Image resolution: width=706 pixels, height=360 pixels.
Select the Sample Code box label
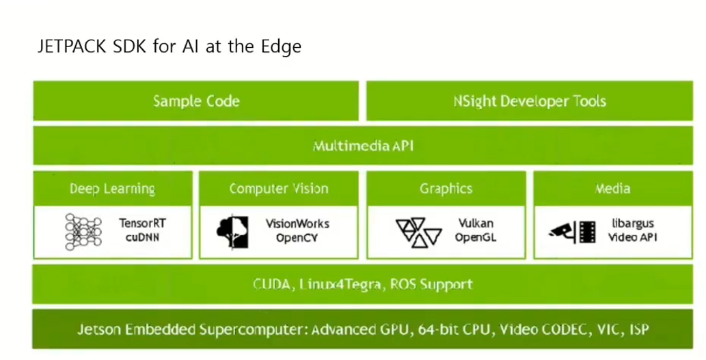tap(196, 101)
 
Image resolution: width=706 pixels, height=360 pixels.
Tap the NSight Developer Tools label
tap(529, 101)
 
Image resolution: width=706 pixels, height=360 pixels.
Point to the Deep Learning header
tap(112, 189)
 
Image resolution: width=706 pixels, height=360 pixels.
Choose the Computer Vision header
tap(278, 189)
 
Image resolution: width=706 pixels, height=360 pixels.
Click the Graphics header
tap(446, 189)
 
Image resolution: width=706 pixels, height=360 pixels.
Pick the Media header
tap(612, 189)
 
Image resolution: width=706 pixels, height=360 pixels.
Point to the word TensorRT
tap(143, 223)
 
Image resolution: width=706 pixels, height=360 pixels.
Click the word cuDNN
tap(142, 237)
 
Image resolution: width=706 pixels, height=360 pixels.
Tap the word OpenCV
tap(297, 238)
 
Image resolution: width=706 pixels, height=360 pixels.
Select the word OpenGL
tap(475, 237)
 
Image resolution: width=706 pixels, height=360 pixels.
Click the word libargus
tap(632, 223)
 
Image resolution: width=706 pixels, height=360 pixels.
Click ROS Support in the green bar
tap(431, 284)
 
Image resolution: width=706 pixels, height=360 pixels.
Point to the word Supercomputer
tap(252, 330)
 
